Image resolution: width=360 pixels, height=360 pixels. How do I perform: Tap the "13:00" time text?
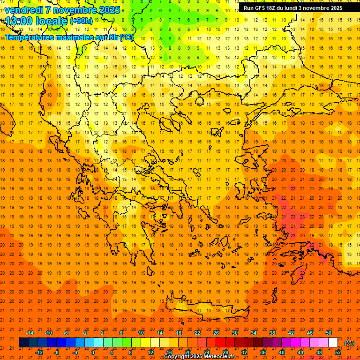click(19, 21)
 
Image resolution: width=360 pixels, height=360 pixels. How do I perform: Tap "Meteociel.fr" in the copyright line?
click(222, 357)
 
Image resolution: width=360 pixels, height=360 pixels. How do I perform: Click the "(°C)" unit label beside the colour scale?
click(350, 343)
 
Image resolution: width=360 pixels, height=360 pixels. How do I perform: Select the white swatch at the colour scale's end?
click(333, 343)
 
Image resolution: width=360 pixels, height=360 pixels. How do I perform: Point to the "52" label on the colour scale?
click(338, 352)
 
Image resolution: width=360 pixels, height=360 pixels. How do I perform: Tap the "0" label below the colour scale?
click(93, 352)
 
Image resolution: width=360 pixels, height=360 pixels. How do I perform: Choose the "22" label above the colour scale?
click(197, 333)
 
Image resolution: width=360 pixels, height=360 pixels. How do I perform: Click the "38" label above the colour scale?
click(272, 333)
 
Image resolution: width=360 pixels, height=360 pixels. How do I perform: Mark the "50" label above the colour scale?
click(329, 333)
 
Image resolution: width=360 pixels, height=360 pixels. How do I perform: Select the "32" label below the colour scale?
click(244, 352)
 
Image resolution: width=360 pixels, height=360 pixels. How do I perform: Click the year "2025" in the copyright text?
click(197, 357)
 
